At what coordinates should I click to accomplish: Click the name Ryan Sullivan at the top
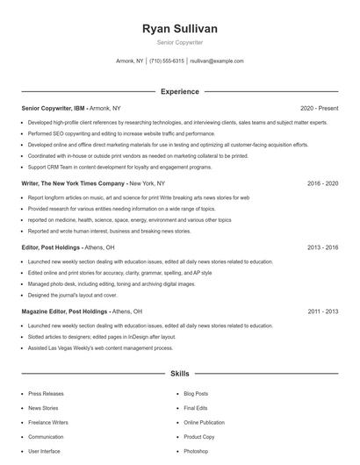pyautogui.click(x=180, y=29)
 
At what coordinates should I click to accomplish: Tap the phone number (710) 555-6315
pyautogui.click(x=167, y=61)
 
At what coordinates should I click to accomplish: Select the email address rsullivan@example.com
pyautogui.click(x=217, y=61)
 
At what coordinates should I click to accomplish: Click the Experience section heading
pyautogui.click(x=180, y=91)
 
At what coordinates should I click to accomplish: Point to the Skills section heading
pyautogui.click(x=180, y=374)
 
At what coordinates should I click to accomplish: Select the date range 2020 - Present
pyautogui.click(x=319, y=109)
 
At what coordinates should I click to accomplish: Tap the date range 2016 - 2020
pyautogui.click(x=322, y=183)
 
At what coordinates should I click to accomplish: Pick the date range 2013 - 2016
pyautogui.click(x=322, y=247)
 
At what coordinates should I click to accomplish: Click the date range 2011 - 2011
pyautogui.click(x=322, y=311)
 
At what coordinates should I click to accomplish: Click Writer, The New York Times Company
pyautogui.click(x=73, y=183)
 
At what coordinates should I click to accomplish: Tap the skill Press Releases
pyautogui.click(x=47, y=394)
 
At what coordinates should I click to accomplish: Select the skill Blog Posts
pyautogui.click(x=196, y=394)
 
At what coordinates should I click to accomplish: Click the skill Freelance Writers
pyautogui.click(x=48, y=422)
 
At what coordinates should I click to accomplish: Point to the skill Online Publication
pyautogui.click(x=205, y=422)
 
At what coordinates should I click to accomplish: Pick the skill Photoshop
pyautogui.click(x=196, y=451)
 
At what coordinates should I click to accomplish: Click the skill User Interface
pyautogui.click(x=44, y=451)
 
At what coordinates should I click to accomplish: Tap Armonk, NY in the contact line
pyautogui.click(x=130, y=61)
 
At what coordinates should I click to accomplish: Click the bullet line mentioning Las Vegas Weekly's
pyautogui.click(x=101, y=347)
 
